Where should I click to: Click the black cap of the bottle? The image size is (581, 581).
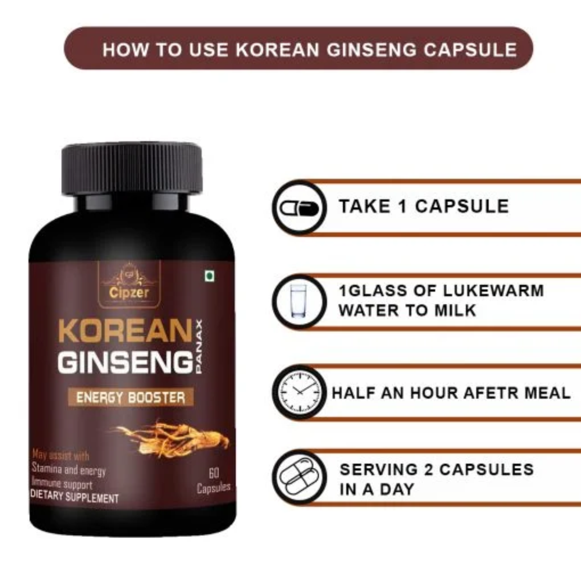pos(132,168)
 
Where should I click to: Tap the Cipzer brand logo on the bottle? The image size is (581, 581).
pos(129,284)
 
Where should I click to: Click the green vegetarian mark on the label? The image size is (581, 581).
pos(210,276)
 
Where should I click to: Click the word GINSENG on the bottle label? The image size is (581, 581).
pos(125,362)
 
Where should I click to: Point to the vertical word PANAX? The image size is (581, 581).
pos(199,346)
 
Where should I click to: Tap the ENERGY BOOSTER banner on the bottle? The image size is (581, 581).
pos(131,397)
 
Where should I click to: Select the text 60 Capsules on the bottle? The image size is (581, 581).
pos(213,480)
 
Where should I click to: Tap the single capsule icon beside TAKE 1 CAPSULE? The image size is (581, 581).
pos(299,208)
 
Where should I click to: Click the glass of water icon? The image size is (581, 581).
pos(299,301)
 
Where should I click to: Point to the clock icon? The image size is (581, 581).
pos(299,393)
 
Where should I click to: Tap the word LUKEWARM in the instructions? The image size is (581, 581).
pos(493,290)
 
